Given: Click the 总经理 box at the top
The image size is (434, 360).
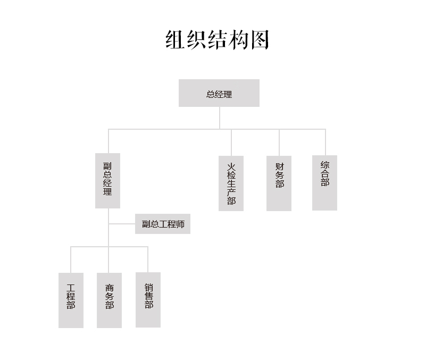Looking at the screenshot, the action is (x=219, y=93).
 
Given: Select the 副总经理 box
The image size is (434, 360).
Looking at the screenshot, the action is (x=107, y=181).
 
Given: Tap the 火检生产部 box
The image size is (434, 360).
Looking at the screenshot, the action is (x=231, y=183).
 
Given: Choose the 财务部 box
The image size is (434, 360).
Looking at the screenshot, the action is (x=279, y=183).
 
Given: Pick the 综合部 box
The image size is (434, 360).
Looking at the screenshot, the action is (x=324, y=183).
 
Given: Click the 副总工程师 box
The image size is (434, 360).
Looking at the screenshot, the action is (x=163, y=224).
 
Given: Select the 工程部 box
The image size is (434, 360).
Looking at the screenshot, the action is (x=71, y=300).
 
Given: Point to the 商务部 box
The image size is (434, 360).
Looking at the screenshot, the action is (x=110, y=300).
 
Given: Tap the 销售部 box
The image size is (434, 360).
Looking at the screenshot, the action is (x=148, y=300).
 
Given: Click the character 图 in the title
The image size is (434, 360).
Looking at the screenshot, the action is (x=260, y=40).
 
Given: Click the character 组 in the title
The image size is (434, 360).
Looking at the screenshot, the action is (x=175, y=40).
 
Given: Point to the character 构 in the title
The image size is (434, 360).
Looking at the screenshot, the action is (x=239, y=40).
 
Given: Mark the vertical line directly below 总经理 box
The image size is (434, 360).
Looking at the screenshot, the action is (x=220, y=118).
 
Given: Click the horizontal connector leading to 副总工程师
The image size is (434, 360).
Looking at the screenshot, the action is (x=122, y=223).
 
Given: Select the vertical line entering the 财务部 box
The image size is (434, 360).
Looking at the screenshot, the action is (x=279, y=143).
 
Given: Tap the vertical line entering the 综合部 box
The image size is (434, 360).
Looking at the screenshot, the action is (x=325, y=142).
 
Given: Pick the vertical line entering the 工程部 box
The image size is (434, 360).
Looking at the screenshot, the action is (x=71, y=260).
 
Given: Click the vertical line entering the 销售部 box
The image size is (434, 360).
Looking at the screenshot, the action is (x=148, y=259).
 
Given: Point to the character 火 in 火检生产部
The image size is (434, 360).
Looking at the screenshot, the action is (x=231, y=167).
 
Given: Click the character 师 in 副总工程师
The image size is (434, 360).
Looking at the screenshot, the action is (x=180, y=224).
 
